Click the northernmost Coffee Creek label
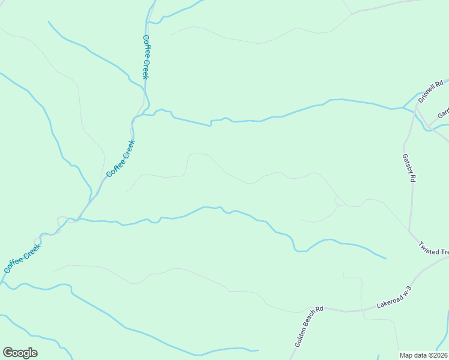(146, 57)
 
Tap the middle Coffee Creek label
(121, 158)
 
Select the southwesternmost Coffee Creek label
(22, 259)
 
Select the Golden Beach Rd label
(309, 326)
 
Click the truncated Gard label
(443, 113)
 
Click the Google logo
(20, 353)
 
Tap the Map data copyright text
(424, 355)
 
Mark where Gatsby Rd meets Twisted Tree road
(409, 231)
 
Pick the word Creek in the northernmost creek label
(146, 68)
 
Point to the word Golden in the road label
(300, 338)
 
